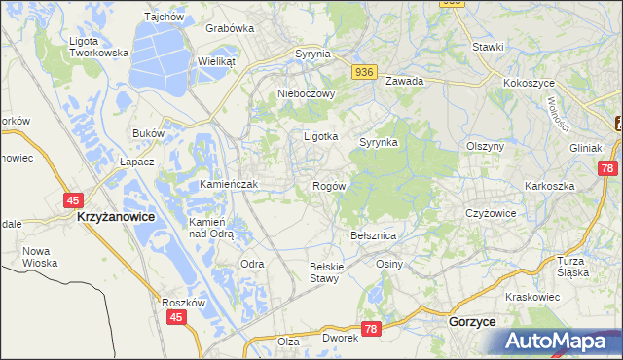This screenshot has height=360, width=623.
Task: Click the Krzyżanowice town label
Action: pyautogui.click(x=115, y=217)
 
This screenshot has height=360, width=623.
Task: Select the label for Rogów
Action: pyautogui.click(x=328, y=185)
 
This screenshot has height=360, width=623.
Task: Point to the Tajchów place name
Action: pyautogui.click(x=164, y=17)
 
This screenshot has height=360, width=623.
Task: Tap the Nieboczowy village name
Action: pyautogui.click(x=306, y=94)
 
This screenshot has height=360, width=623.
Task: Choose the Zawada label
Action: pyautogui.click(x=404, y=82)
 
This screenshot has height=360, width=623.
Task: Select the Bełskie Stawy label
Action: pyautogui.click(x=323, y=271)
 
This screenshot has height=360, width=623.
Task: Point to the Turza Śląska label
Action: pyautogui.click(x=574, y=267)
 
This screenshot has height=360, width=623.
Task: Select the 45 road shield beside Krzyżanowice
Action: pyautogui.click(x=74, y=198)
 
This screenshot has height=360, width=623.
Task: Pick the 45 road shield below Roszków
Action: pyautogui.click(x=176, y=317)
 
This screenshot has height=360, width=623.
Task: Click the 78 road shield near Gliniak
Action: pyautogui.click(x=608, y=168)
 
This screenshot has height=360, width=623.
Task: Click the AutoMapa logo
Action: pyautogui.click(x=560, y=341)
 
